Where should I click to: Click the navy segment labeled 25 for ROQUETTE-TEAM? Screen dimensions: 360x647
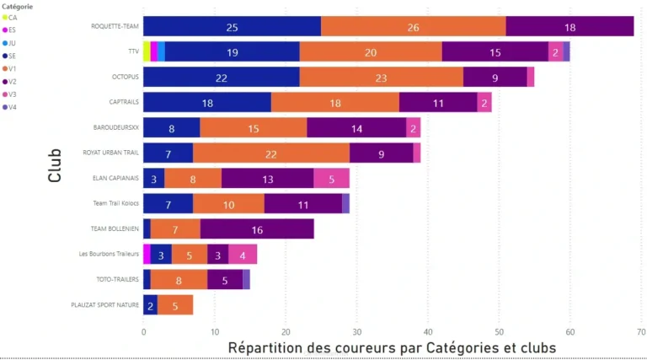232,26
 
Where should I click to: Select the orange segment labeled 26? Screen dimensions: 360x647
413,26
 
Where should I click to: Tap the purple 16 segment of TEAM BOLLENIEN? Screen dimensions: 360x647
257,228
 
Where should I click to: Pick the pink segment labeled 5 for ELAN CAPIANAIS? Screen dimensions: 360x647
331,178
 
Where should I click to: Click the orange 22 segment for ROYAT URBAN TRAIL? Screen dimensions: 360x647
270,153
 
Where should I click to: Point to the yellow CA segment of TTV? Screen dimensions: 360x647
147,51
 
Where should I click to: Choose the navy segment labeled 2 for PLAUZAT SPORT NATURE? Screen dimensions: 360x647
150,304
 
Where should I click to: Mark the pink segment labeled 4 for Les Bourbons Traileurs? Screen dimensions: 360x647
243,254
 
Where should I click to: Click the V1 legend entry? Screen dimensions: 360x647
13,67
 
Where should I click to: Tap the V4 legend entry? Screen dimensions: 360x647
13,106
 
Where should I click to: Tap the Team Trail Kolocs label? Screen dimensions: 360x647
115,203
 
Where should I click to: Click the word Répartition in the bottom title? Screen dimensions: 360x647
264,347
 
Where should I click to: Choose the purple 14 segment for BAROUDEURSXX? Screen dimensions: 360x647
356,127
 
